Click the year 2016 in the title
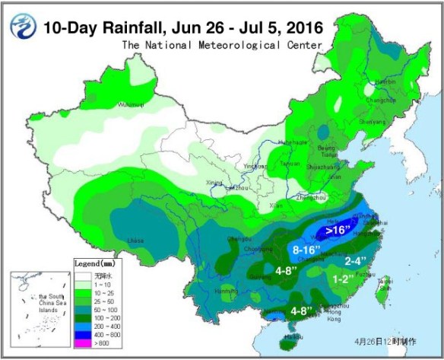303,28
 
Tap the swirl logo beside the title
23,27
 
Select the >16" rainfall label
338,229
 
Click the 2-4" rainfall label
358,261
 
